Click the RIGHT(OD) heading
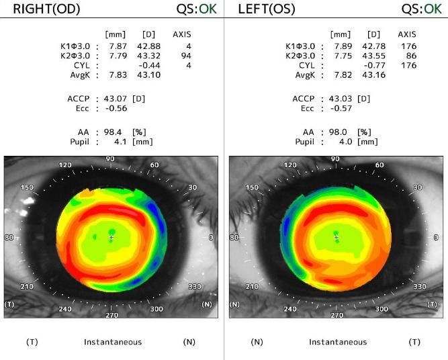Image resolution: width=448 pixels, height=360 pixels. point(45,9)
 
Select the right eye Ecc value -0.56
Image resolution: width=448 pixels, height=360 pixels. point(116,109)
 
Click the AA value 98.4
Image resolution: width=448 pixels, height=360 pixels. point(116,132)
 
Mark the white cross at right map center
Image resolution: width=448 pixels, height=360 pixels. point(111,238)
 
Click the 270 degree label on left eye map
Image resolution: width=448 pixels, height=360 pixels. point(336,314)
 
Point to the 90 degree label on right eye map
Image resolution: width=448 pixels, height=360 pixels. point(110,159)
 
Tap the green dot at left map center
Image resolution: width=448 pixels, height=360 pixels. point(337,232)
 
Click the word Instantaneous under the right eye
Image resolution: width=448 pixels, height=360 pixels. point(113,343)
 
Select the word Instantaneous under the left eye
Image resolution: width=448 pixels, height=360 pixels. point(338,343)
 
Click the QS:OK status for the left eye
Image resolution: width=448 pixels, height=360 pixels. point(421,9)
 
